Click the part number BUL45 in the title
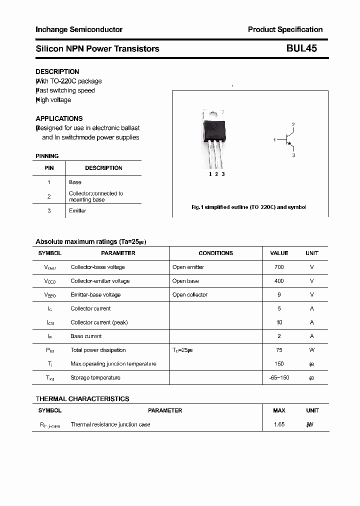click(x=301, y=48)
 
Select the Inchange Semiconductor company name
click(x=79, y=29)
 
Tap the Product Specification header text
click(x=285, y=29)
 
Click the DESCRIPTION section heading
click(x=57, y=71)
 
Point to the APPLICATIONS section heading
click(x=59, y=118)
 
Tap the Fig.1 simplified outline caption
click(x=249, y=207)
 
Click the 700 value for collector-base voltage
click(x=279, y=267)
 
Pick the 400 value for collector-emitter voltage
click(x=279, y=281)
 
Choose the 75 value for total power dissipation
click(x=279, y=350)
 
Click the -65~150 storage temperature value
click(x=279, y=377)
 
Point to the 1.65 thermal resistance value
click(x=279, y=424)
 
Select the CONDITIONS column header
click(x=215, y=253)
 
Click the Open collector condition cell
click(x=189, y=295)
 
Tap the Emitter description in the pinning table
click(x=77, y=210)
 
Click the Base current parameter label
click(x=86, y=336)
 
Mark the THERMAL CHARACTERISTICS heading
click(x=82, y=398)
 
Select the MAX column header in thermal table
click(x=279, y=410)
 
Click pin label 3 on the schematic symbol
click(x=293, y=155)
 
